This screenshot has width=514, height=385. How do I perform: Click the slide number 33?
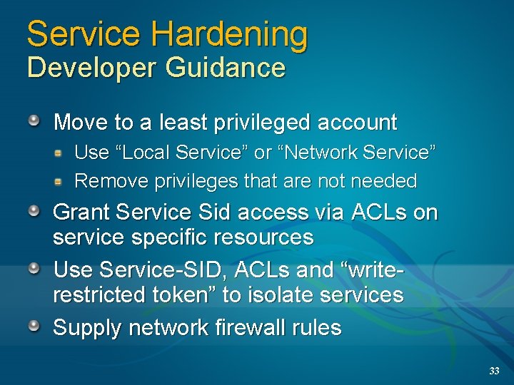click(494, 371)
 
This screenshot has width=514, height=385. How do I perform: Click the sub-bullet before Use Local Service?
click(62, 152)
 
